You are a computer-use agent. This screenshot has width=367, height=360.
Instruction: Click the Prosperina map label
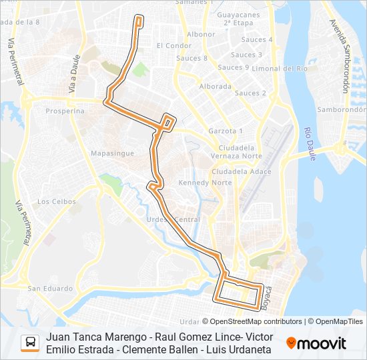pyautogui.click(x=65, y=111)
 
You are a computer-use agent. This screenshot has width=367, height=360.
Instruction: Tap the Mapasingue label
pyautogui.click(x=111, y=153)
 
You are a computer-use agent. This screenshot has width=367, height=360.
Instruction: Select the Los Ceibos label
pyautogui.click(x=53, y=201)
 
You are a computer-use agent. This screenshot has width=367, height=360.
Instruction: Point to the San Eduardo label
pyautogui.click(x=50, y=289)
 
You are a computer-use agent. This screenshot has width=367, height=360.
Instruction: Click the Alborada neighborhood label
pyautogui.click(x=216, y=87)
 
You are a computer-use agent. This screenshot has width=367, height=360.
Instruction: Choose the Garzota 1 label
pyautogui.click(x=226, y=131)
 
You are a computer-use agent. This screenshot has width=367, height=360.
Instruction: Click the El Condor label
pyautogui.click(x=173, y=45)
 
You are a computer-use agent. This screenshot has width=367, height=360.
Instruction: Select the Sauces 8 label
pyautogui.click(x=192, y=58)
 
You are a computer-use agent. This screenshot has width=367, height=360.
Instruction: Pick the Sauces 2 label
pyautogui.click(x=250, y=93)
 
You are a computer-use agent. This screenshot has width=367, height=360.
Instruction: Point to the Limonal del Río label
pyautogui.click(x=279, y=68)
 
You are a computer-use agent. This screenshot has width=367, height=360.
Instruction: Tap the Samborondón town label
pyautogui.click(x=342, y=109)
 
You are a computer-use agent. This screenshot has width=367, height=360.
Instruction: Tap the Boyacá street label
pyautogui.click(x=269, y=296)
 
